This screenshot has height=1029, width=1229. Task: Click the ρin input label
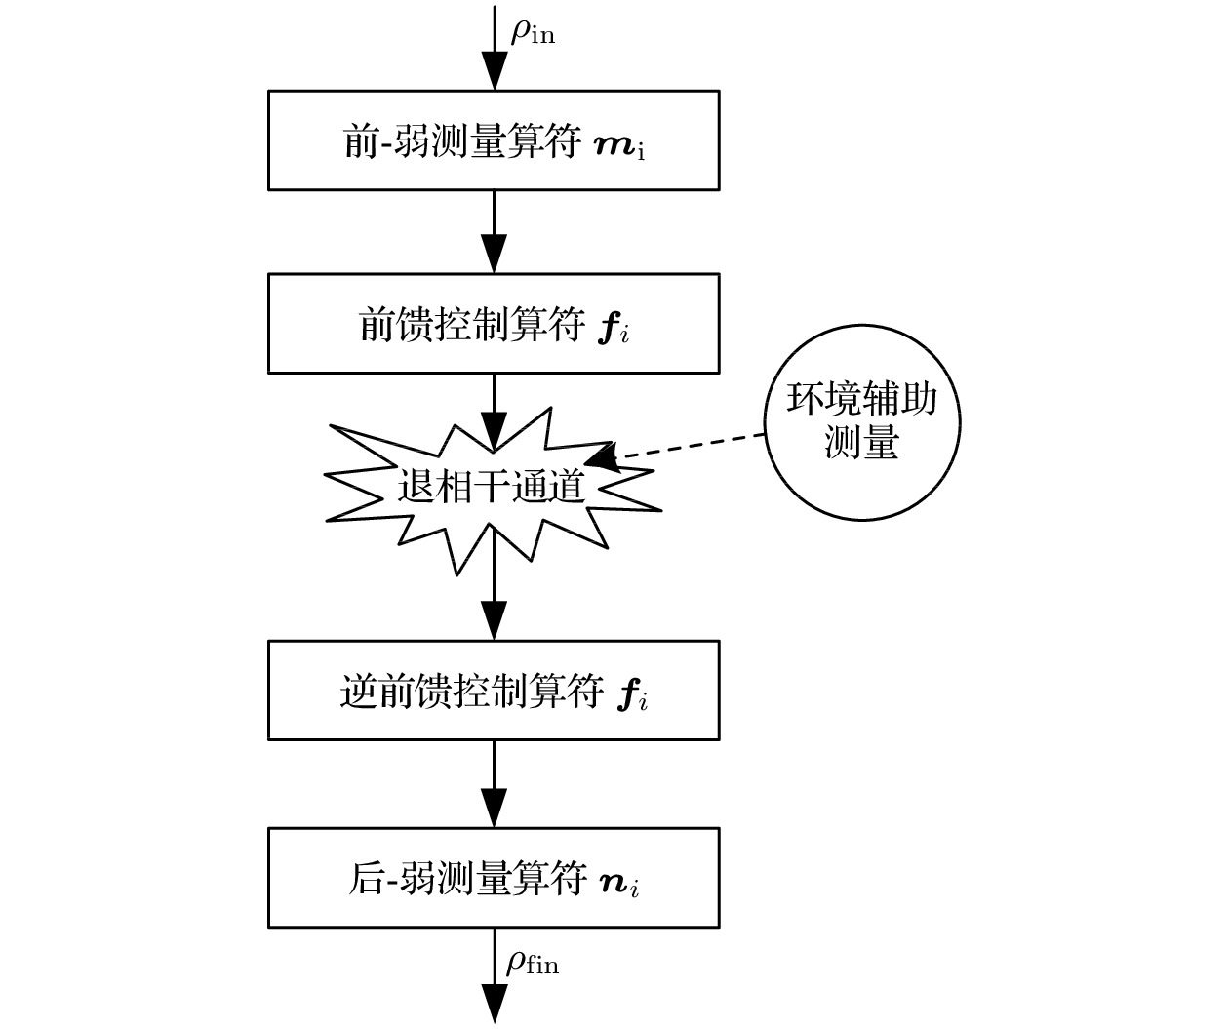(533, 32)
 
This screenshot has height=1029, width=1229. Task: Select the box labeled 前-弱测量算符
(494, 140)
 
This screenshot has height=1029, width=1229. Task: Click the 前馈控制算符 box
(494, 324)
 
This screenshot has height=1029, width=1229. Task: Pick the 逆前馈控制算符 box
(494, 691)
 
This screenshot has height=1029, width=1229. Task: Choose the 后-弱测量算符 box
(494, 878)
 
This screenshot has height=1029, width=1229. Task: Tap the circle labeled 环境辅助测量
(862, 421)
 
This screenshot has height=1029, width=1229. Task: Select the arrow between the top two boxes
(495, 232)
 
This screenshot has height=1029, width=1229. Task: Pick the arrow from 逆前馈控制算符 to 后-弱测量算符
(495, 783)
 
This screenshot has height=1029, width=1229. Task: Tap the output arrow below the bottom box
(495, 985)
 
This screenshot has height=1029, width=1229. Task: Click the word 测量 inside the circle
(860, 444)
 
